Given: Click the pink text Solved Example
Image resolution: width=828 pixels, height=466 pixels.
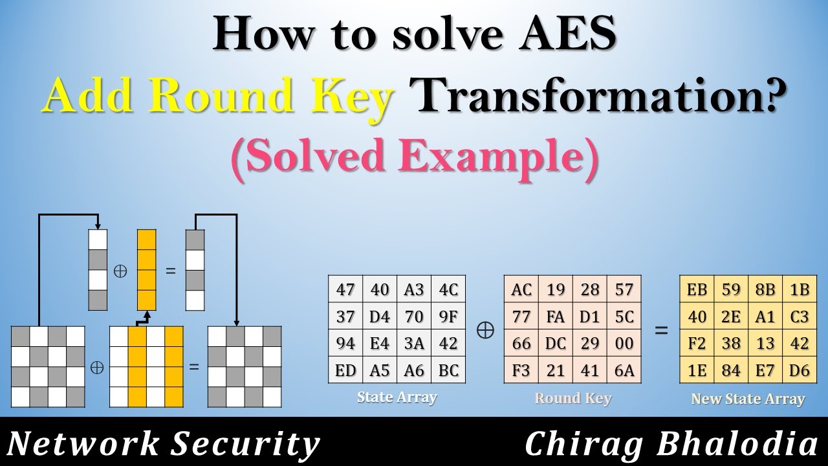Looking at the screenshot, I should click(414, 158).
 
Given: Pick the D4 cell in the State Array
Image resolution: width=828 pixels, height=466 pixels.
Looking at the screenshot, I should click(380, 317).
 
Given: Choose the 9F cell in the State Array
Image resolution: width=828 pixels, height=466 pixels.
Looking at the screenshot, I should click(448, 317).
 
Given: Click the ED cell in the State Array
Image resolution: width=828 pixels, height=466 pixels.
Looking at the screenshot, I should click(345, 370).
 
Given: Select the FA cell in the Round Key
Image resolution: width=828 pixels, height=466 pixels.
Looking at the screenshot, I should click(556, 317).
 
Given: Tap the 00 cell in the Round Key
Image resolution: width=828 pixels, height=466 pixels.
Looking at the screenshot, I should click(624, 344).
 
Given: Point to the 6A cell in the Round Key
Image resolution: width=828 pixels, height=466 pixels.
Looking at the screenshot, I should click(624, 370).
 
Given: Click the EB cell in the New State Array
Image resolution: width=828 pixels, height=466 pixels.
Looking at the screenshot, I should click(697, 290).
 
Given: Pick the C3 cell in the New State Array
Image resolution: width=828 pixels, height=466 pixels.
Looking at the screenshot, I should click(800, 317).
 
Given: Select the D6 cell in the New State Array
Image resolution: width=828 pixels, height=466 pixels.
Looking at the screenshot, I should click(800, 370).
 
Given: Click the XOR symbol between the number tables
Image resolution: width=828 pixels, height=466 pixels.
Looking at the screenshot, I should click(485, 330).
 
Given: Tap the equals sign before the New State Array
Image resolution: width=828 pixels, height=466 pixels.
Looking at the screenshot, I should click(660, 330).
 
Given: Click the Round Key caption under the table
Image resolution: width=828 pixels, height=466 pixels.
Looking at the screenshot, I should click(572, 398).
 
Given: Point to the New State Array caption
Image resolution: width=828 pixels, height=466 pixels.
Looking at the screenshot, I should click(748, 399).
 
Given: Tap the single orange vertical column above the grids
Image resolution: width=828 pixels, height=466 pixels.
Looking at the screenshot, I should click(146, 271).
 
